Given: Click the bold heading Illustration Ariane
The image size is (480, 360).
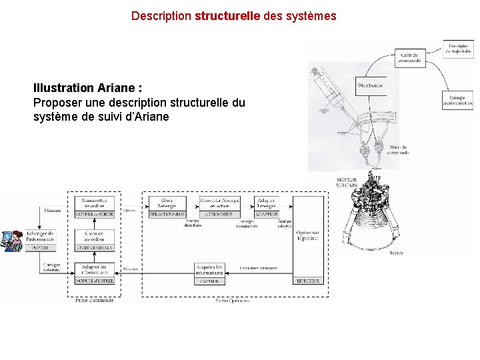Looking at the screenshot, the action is [87, 88].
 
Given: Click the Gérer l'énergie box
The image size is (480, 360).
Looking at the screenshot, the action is [167, 203].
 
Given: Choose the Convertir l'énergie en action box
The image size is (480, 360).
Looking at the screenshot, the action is [220, 203].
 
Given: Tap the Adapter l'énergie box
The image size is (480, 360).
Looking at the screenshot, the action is [267, 203].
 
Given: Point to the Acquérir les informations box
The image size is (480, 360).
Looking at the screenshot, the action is [214, 270].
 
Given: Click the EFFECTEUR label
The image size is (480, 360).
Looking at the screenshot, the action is [309, 281].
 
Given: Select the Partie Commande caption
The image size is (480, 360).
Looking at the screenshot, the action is [94, 301].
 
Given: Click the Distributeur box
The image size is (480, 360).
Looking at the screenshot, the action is [371, 85].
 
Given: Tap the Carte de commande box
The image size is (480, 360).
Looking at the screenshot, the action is [410, 57].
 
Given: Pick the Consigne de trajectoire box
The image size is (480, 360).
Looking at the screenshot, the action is [458, 49].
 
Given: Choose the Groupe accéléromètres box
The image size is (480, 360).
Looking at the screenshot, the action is [457, 99].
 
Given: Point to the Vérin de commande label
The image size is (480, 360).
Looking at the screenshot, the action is [398, 150].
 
